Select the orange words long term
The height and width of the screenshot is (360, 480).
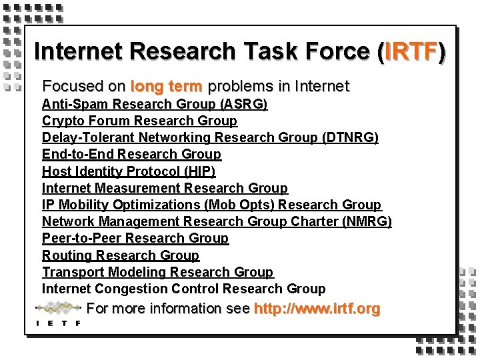coord(168,86)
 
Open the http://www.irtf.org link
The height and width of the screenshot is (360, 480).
coord(317,309)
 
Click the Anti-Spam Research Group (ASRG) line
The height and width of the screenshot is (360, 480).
coord(155,104)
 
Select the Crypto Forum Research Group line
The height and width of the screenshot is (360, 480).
coord(139,121)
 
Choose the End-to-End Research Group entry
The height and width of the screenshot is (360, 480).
coord(131,154)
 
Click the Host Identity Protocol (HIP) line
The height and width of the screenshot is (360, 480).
coord(129,171)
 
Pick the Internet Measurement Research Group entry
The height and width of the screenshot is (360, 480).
coord(165,188)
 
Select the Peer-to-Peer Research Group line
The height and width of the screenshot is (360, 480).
coord(135,238)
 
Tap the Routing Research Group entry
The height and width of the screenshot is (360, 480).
coord(121,255)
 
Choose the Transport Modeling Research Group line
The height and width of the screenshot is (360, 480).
coord(157,272)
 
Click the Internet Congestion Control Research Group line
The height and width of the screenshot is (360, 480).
coord(183,289)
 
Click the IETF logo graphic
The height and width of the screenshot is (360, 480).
coord(59,313)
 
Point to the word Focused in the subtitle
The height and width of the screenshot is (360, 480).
coord(69,86)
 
